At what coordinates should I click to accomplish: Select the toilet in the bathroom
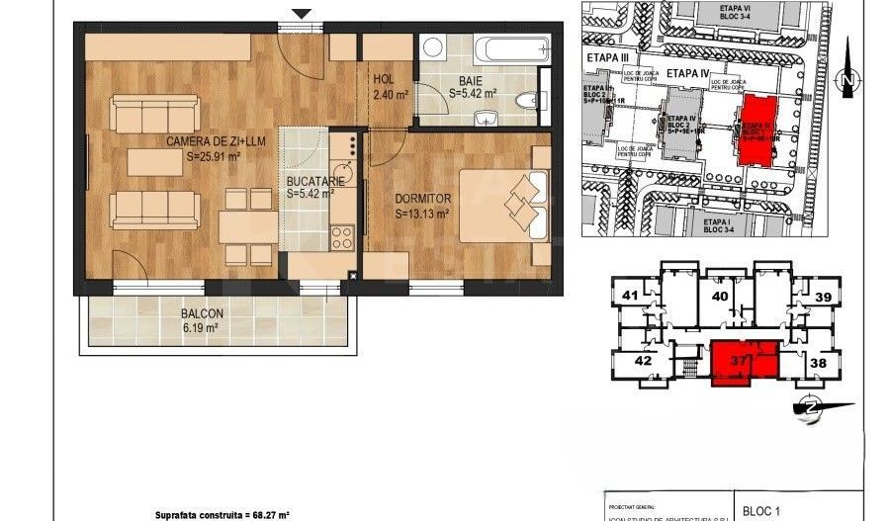pos(532,99)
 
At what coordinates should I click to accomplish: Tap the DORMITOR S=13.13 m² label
pos(422,205)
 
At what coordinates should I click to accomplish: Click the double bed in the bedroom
pos(503,206)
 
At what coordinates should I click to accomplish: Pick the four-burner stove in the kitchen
pos(342,237)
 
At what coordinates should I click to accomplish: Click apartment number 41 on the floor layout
pos(629,295)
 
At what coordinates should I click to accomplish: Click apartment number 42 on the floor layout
pos(644,361)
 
